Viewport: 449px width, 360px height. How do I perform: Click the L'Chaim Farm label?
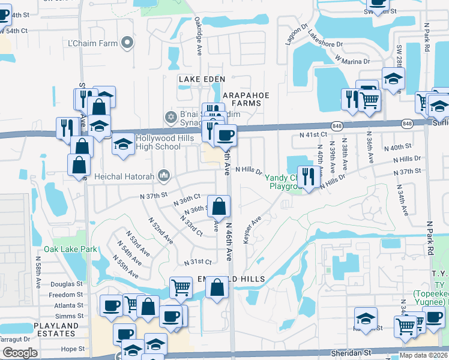[x=92, y=43]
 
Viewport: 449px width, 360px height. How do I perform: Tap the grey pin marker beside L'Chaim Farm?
[x=127, y=42]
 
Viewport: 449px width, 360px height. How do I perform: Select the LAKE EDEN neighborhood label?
[x=201, y=79]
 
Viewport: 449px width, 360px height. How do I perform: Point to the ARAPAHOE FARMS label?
[x=246, y=99]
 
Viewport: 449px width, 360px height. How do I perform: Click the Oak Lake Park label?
[x=70, y=249]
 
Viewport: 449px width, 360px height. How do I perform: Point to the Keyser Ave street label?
[x=252, y=230]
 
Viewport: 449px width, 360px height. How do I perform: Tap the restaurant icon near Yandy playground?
[x=308, y=176]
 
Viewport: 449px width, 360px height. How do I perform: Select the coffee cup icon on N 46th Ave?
[x=225, y=136]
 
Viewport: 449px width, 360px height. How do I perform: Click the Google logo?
[x=20, y=353]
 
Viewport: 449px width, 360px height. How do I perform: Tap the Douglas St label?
[x=66, y=284]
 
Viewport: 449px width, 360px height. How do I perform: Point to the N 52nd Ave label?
[x=163, y=230]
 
